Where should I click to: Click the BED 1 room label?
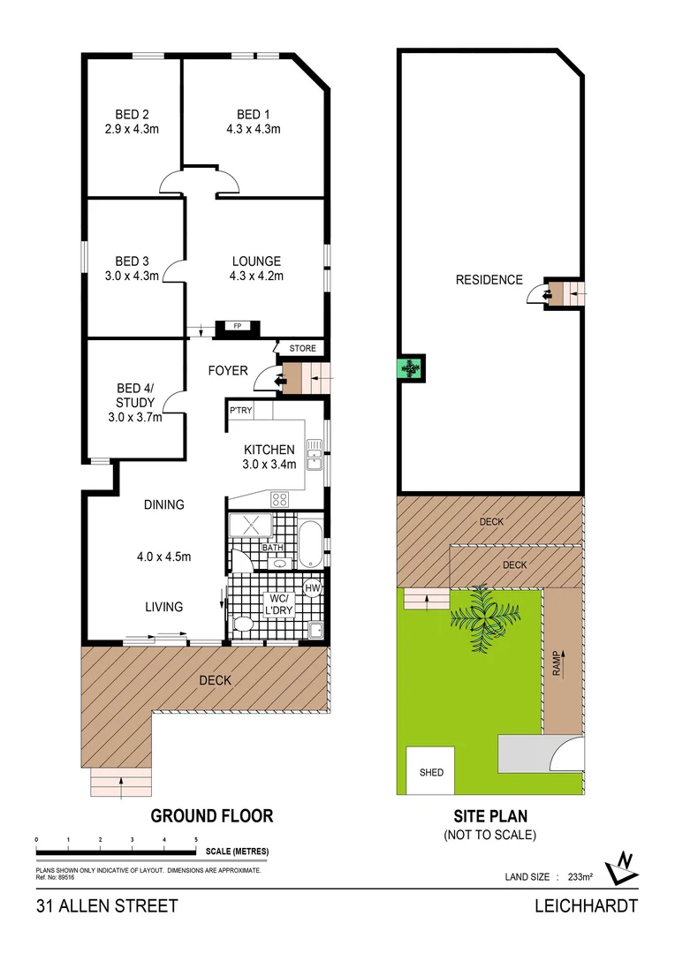[x=249, y=114]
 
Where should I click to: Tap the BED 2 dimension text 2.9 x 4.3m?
[x=132, y=130]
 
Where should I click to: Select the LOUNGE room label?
[x=256, y=261]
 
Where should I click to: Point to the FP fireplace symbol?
[x=238, y=327]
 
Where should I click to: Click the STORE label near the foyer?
[x=302, y=349]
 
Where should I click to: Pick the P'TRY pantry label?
[x=240, y=412]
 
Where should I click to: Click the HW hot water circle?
[x=313, y=588]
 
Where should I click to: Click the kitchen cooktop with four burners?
[x=280, y=499]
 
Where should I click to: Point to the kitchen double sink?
[x=314, y=453]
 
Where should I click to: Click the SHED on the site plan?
[x=431, y=772]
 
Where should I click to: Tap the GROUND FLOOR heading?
[x=211, y=815]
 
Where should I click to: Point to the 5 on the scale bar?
[x=195, y=839]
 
